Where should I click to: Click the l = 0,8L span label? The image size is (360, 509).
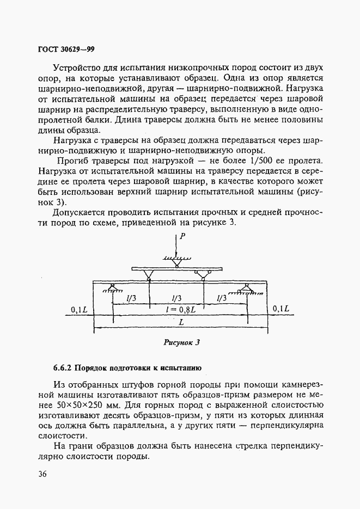180,309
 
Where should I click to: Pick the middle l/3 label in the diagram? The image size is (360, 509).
176,298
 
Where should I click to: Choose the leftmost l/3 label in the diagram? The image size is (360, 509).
131,298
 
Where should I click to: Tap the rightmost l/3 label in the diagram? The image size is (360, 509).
221,298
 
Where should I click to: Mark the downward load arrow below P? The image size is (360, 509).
176,248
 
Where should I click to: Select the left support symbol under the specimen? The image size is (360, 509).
112,289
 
